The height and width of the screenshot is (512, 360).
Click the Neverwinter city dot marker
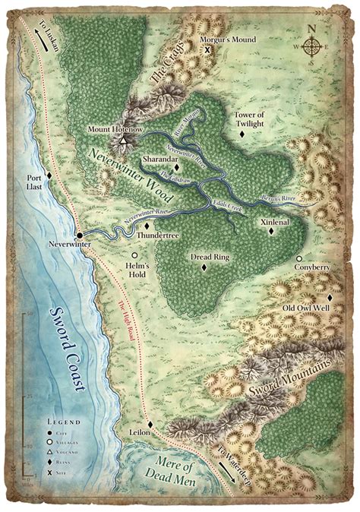click(78, 234)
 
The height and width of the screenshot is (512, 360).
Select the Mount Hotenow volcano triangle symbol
click(123, 140)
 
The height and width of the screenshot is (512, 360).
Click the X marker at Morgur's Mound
click(208, 49)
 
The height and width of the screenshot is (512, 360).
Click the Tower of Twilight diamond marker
click(242, 133)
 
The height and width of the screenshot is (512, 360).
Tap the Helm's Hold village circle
click(134, 256)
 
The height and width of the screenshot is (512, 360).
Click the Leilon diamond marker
click(150, 423)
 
